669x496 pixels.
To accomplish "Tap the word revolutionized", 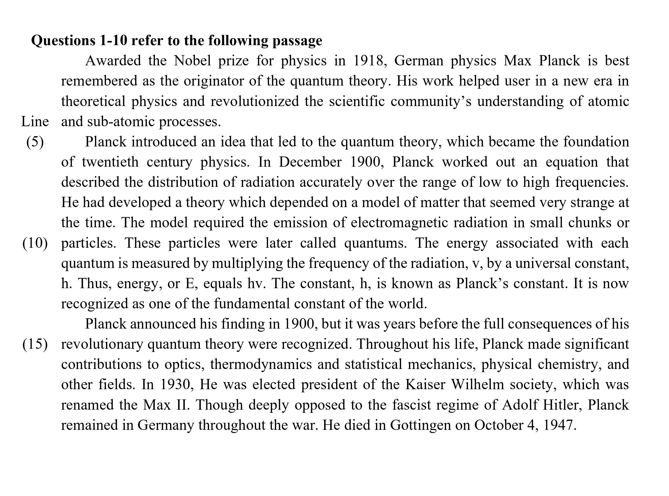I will click(x=254, y=101).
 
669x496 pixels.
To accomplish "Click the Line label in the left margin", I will click(x=35, y=122).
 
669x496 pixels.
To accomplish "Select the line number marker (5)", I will click(x=35, y=142).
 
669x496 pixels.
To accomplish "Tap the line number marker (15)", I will click(x=35, y=344).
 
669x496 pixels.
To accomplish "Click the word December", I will click(x=310, y=162).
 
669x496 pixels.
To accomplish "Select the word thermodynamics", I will click(x=261, y=365).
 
